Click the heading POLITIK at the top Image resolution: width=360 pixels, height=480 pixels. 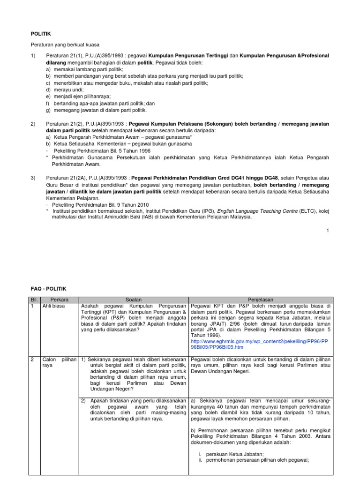point(40,34)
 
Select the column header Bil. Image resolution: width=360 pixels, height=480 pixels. point(34,299)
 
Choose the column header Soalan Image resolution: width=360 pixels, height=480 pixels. point(134,299)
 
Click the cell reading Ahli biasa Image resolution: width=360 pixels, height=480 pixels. point(53,306)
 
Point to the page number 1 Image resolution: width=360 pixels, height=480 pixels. point(328,230)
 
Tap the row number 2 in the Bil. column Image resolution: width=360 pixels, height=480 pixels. point(32,360)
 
